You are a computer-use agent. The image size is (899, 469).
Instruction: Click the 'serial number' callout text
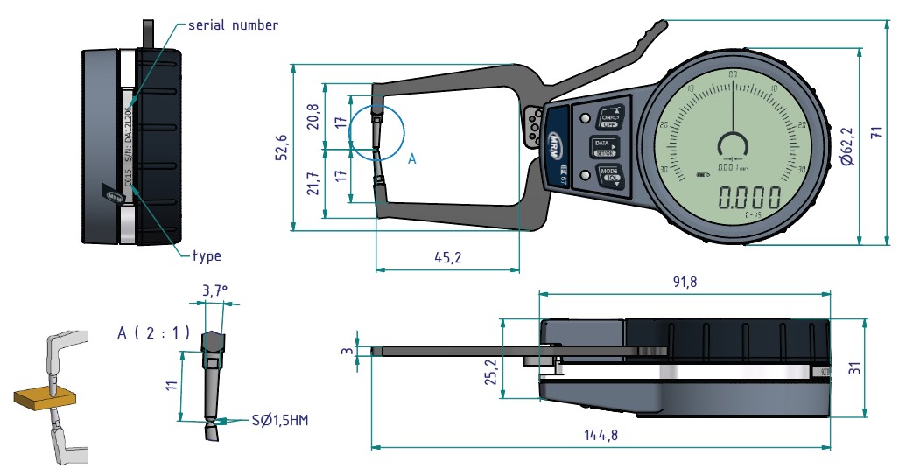click(x=234, y=24)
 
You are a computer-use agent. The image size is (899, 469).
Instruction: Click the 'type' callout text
click(x=207, y=256)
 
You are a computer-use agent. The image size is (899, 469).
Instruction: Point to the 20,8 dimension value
click(x=313, y=115)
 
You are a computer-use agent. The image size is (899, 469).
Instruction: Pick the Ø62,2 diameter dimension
click(x=846, y=146)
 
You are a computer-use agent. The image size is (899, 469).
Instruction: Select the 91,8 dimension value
click(x=685, y=282)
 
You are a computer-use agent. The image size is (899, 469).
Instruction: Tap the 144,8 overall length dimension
click(x=601, y=436)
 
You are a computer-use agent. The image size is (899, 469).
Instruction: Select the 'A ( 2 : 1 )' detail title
click(x=153, y=332)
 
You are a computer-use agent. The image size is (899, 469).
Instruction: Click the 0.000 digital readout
click(x=749, y=197)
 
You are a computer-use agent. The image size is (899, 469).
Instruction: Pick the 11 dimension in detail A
click(x=172, y=386)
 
